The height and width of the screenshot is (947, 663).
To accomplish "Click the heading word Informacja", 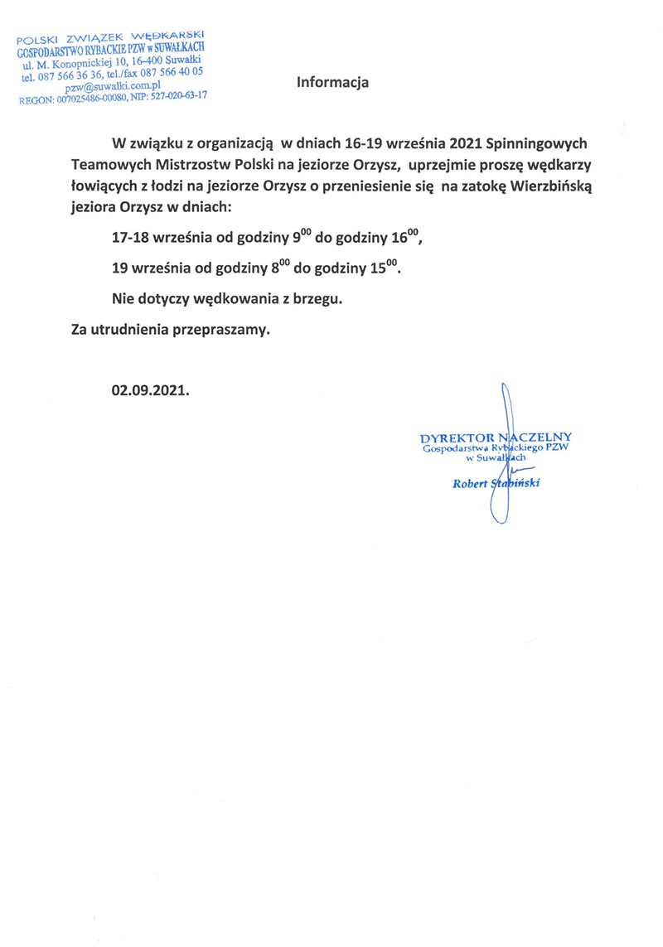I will pos(332,83).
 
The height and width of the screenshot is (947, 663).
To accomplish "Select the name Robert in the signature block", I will pos(470,484).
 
